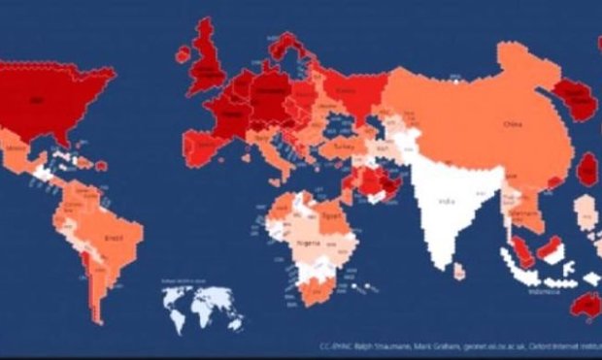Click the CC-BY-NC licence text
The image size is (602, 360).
pos(337,344)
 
